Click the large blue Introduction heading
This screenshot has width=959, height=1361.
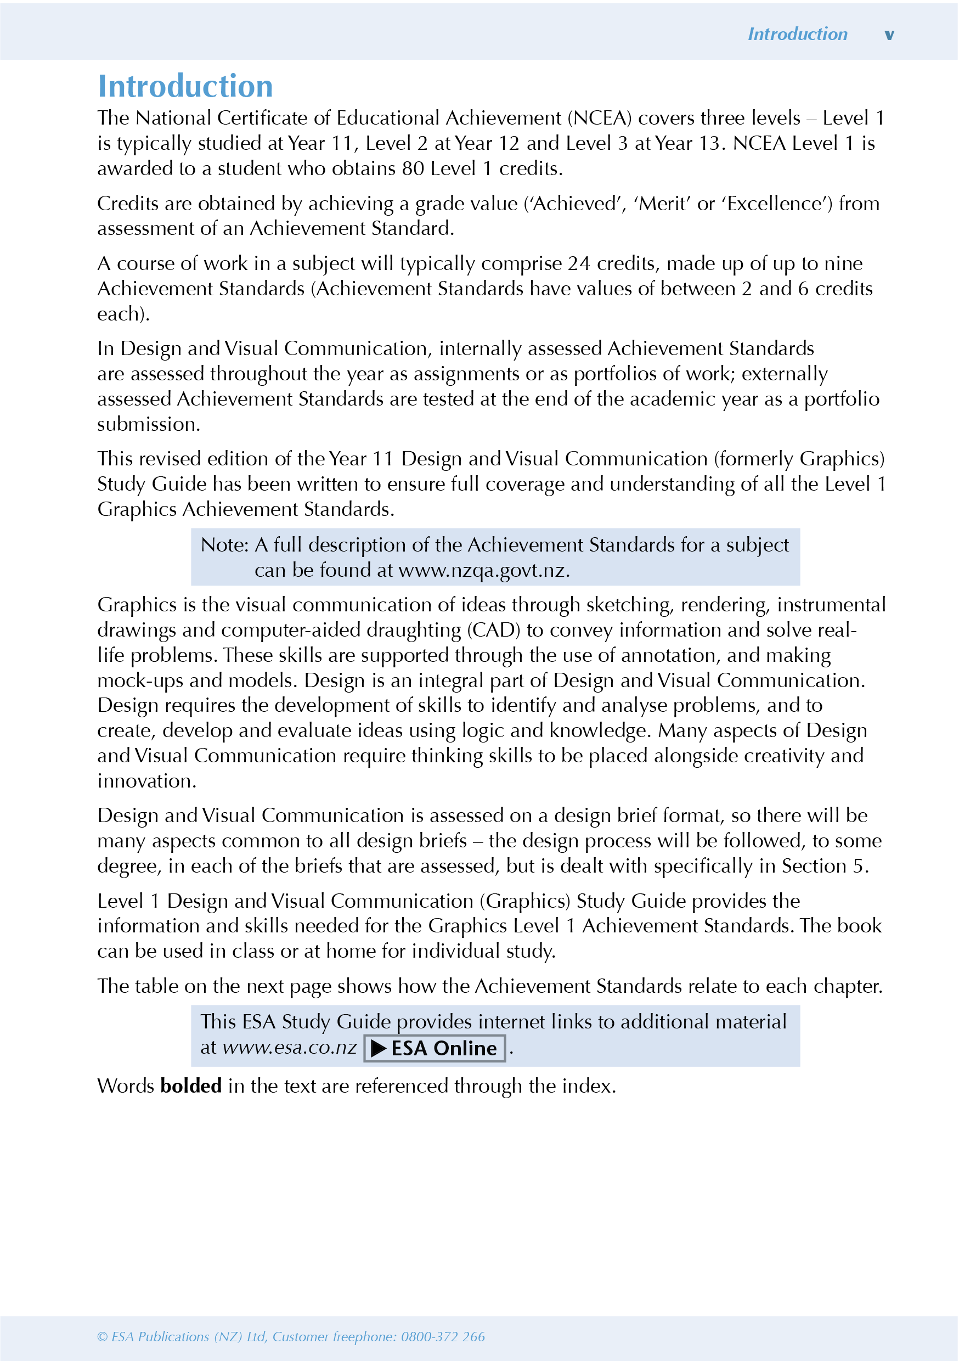(185, 87)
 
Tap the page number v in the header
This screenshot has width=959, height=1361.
(889, 35)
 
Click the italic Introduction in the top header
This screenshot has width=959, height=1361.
(797, 35)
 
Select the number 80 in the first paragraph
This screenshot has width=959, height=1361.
(413, 169)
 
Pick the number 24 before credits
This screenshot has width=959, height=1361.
(579, 263)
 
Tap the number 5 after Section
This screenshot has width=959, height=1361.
(858, 867)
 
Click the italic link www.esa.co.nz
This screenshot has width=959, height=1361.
(289, 1048)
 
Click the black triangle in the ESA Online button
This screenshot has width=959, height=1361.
(379, 1049)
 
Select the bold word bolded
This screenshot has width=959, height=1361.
(191, 1086)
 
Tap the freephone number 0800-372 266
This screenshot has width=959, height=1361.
(443, 1337)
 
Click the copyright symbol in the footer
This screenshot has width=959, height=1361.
(103, 1337)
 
